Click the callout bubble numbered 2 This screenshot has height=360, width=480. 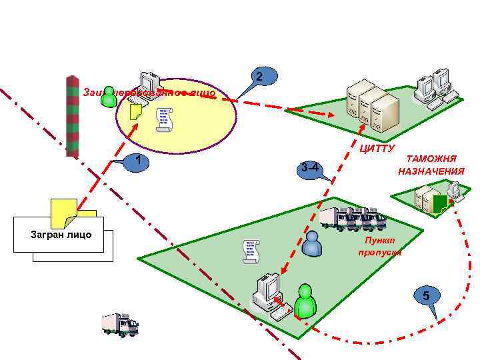(x=261, y=78)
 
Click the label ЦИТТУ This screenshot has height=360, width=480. (x=377, y=147)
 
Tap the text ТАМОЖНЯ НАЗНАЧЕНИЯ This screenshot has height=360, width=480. (x=431, y=165)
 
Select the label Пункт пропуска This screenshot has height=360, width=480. (x=380, y=246)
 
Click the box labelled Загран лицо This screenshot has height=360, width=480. (x=61, y=235)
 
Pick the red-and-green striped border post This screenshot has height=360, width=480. (x=72, y=115)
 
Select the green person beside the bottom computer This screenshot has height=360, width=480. (x=305, y=301)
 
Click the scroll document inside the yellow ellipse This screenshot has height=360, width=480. (x=163, y=119)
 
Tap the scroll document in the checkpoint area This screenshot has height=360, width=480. (x=250, y=251)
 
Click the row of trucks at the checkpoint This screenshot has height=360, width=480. (x=353, y=219)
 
